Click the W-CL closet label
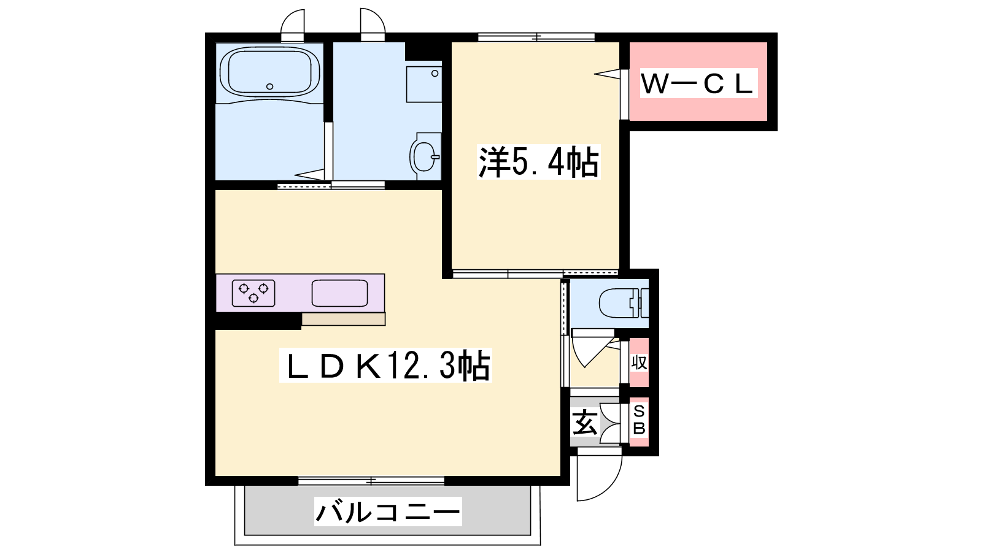coord(699,83)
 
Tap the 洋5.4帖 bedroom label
coord(538,162)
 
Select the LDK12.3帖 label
coord(386,365)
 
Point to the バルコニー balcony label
coord(388,512)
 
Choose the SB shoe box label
coord(639,420)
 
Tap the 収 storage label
coord(639,362)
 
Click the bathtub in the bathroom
coord(269,73)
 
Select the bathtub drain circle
coord(270,86)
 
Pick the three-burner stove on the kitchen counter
coord(253,293)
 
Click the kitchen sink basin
coord(340,293)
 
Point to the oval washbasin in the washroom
coord(425,156)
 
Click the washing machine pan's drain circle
coord(435,74)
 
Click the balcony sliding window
coord(371,481)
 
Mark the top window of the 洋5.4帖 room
coord(536,37)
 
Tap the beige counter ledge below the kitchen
coord(343,319)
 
